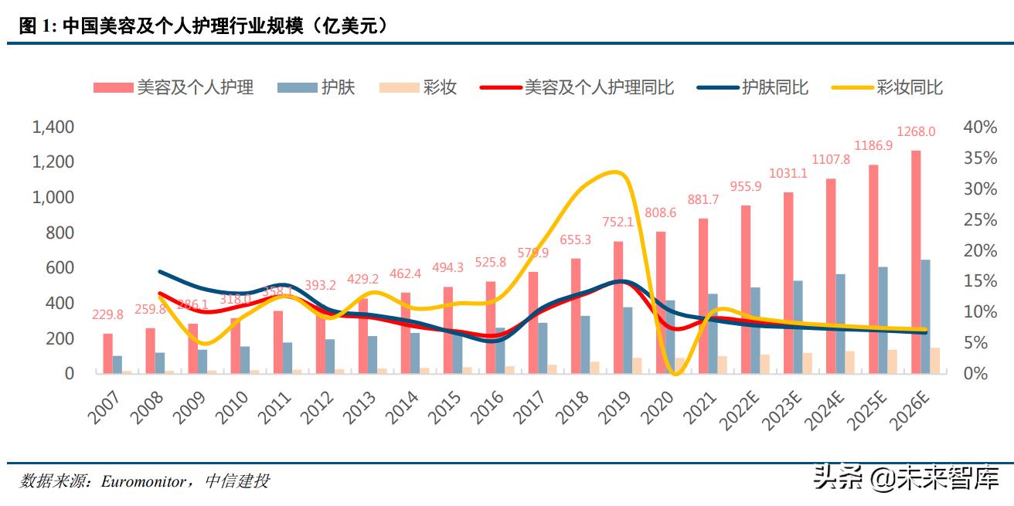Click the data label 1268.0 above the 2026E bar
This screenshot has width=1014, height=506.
pyautogui.click(x=915, y=132)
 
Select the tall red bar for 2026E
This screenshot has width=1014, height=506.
pyautogui.click(x=915, y=263)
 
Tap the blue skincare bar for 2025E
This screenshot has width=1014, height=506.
pyautogui.click(x=883, y=320)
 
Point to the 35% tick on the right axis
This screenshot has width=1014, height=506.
pyautogui.click(x=980, y=158)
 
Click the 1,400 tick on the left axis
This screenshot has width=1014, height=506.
pyautogui.click(x=53, y=127)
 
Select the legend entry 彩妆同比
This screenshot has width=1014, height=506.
pyautogui.click(x=909, y=87)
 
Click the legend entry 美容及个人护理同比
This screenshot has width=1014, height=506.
pyautogui.click(x=599, y=87)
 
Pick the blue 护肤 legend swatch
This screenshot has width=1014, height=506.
pyautogui.click(x=296, y=87)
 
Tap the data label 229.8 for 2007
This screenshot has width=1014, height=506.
pyautogui.click(x=107, y=315)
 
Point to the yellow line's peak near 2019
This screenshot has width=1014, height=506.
pyautogui.click(x=614, y=171)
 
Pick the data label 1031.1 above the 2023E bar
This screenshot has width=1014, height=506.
pyautogui.click(x=788, y=174)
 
